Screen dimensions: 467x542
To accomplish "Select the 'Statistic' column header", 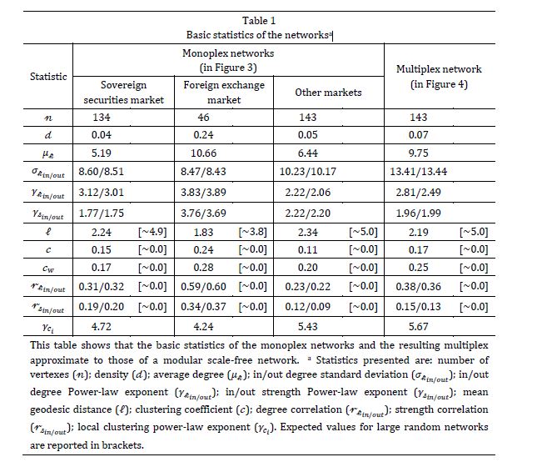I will (48, 77).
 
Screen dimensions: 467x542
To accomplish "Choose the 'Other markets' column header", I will (328, 93).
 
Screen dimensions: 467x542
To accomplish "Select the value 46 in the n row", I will (203, 118).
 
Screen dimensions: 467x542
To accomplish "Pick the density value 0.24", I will (205, 135).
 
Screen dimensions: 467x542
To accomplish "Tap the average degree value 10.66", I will (208, 153).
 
